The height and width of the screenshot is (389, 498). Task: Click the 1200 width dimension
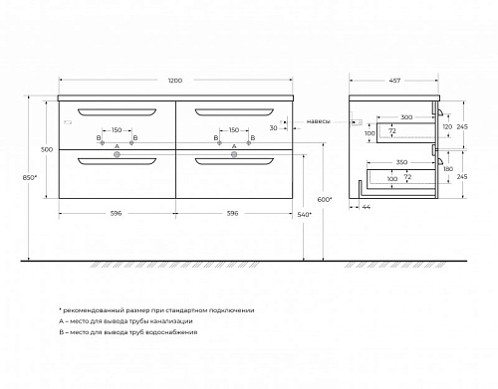coord(175,81)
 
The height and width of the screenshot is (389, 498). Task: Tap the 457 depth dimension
coord(394,81)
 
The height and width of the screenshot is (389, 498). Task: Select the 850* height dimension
coord(29,177)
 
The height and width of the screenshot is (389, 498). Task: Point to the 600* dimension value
coord(325,200)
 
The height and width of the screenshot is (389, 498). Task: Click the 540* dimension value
coord(305,215)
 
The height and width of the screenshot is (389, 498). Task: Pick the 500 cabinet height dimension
coord(47,149)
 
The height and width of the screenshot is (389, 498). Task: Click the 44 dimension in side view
coord(366,207)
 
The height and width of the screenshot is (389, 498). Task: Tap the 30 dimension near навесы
coord(273,128)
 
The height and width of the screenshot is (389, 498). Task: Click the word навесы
coord(318,121)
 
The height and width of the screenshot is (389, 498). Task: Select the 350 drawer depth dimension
coord(401,162)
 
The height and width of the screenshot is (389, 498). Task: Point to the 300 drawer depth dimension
coord(406,117)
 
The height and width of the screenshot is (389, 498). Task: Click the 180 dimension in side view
coord(448,169)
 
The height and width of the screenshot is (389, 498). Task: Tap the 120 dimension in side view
coord(447,126)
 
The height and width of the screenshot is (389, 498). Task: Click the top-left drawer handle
coord(117,112)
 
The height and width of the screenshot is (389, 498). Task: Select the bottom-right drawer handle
coord(234,161)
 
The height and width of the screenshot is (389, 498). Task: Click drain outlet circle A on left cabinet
coord(117,154)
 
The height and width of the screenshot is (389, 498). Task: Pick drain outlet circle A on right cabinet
coord(234,154)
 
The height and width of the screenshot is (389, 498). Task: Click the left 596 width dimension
coord(117,213)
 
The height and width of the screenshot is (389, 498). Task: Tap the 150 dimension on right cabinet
coord(234,130)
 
